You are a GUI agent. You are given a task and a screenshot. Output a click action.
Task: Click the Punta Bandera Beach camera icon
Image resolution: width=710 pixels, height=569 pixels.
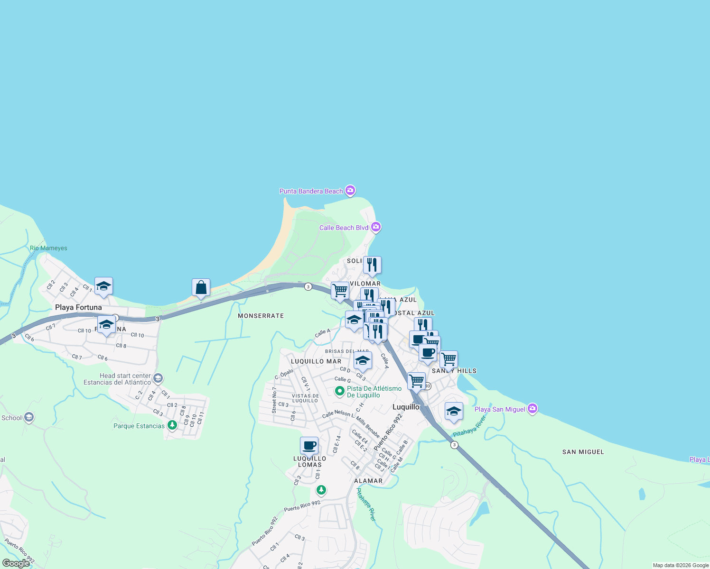pyautogui.click(x=350, y=191)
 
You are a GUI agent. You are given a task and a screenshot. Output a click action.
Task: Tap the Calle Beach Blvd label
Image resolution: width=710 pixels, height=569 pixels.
pyautogui.click(x=344, y=228)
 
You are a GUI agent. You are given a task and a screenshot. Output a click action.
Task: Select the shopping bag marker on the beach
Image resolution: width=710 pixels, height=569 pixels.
pyautogui.click(x=201, y=288)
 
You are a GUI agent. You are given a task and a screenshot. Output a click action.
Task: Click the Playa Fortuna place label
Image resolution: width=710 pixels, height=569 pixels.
pyautogui.click(x=78, y=307)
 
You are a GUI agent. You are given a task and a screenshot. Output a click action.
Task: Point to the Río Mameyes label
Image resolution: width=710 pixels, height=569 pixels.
pyautogui.click(x=48, y=248)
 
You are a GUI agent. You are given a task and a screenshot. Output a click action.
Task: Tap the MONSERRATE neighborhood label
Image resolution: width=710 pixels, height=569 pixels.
pyautogui.click(x=261, y=316)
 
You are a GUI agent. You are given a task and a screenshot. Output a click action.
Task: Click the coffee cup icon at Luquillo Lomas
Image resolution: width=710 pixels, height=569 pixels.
pyautogui.click(x=309, y=446)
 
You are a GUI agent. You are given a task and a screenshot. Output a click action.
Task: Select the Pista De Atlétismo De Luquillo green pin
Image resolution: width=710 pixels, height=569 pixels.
pyautogui.click(x=339, y=391)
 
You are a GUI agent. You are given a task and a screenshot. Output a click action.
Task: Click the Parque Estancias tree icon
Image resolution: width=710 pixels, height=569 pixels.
pyautogui.click(x=172, y=425)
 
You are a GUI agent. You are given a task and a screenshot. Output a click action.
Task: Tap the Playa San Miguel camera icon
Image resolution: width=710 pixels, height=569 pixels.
pyautogui.click(x=532, y=408)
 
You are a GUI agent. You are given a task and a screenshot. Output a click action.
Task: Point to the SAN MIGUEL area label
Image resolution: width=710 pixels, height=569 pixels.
pyautogui.click(x=583, y=452)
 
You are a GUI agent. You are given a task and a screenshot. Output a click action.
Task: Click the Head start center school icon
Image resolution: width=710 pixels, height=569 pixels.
pyautogui.click(x=158, y=378)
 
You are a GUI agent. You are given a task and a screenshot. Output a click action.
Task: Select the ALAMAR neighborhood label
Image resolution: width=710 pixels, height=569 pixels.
pyautogui.click(x=368, y=481)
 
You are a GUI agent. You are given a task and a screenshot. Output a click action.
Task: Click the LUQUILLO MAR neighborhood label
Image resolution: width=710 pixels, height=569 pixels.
pyautogui.click(x=316, y=361)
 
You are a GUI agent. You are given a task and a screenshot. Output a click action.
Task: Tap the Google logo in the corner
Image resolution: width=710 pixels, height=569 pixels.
pyautogui.click(x=16, y=563)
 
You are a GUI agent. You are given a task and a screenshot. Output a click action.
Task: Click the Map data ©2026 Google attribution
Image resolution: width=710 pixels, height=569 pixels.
pyautogui.click(x=681, y=565)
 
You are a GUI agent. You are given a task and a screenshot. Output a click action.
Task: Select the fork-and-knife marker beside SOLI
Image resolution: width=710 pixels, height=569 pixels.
pyautogui.click(x=372, y=265)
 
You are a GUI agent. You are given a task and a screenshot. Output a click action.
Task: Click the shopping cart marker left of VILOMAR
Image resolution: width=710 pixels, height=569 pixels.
pyautogui.click(x=340, y=291)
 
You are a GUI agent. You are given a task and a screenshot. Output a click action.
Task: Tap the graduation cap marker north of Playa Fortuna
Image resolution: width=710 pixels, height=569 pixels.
pyautogui.click(x=103, y=286)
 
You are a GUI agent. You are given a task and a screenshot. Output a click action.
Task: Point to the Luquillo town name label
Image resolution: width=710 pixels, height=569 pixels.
pyautogui.click(x=406, y=407)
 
